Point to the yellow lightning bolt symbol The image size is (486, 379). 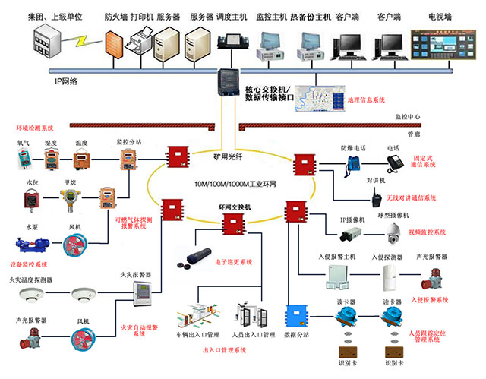(75, 37)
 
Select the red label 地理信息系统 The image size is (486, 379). (367, 99)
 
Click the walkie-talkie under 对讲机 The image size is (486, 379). (375, 199)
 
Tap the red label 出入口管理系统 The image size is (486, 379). (224, 351)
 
